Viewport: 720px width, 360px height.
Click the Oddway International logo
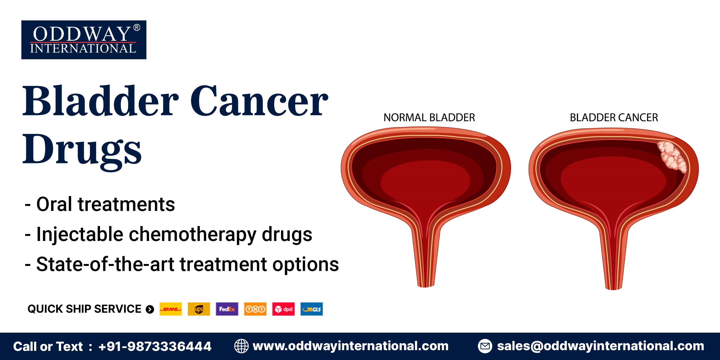(x=84, y=40)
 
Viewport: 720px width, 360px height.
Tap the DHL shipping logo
(x=170, y=309)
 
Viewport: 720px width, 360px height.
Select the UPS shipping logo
(x=199, y=309)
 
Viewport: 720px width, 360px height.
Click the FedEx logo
(x=227, y=309)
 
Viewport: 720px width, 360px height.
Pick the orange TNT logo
(x=255, y=309)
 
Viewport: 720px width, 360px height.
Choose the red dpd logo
(x=283, y=309)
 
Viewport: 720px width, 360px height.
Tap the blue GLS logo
(x=312, y=309)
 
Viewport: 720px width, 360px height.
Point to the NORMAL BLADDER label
(x=429, y=118)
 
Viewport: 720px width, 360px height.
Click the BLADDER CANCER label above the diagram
(x=614, y=118)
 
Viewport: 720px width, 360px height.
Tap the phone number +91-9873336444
(x=155, y=347)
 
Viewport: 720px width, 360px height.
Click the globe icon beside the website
(x=241, y=346)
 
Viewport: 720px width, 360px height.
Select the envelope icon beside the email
(x=485, y=346)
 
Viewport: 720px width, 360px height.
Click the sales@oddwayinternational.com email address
(x=600, y=346)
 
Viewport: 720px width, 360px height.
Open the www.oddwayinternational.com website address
(x=350, y=346)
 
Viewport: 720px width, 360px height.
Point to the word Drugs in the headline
(x=82, y=151)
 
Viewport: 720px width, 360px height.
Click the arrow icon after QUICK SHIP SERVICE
(x=150, y=309)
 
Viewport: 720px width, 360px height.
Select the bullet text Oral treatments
(x=106, y=204)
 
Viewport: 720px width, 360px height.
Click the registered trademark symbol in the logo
(x=137, y=27)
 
